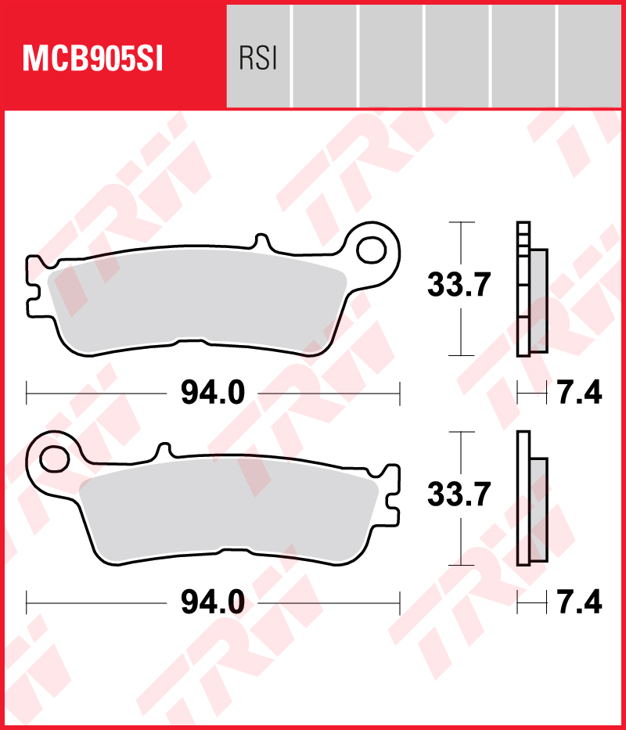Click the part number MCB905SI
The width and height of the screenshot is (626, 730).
coord(93,59)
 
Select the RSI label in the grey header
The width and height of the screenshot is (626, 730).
coord(258,59)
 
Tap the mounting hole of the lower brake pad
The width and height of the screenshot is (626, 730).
coord(56,458)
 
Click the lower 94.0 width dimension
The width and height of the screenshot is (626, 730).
coord(213,602)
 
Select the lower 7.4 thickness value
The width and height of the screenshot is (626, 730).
coord(579,602)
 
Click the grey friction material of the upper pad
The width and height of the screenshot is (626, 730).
coord(196,305)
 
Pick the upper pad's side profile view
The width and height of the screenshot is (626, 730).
coord(531,289)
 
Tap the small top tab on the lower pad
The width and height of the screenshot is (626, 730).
coord(164,451)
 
